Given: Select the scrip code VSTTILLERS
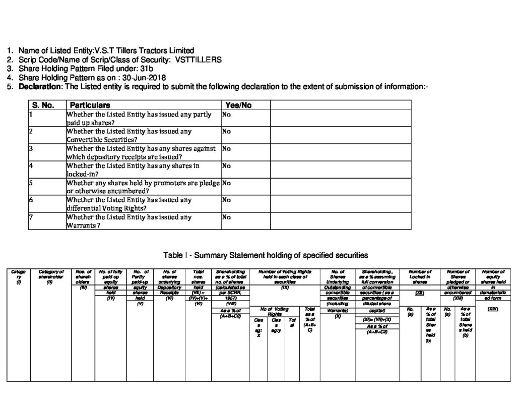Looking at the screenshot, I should (199, 60).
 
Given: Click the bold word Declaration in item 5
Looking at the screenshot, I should (39, 87).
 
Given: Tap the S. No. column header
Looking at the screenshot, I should (43, 105).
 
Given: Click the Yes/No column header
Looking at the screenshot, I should (238, 105).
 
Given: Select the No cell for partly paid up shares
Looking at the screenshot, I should (226, 115).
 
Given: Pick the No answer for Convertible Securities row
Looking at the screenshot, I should (226, 132).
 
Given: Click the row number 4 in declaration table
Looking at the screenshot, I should (31, 165).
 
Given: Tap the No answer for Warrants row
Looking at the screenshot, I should (226, 217).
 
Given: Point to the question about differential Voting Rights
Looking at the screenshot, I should (129, 204).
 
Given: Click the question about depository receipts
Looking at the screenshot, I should (141, 152).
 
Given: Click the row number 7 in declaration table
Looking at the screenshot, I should (31, 217).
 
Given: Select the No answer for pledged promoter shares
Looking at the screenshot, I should (226, 183).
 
